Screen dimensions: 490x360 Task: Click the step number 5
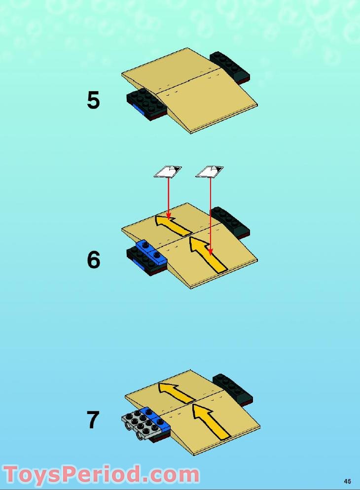[93, 100]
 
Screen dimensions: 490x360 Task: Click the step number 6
[93, 260]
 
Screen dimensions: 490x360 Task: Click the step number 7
[93, 420]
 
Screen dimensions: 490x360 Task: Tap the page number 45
[348, 481]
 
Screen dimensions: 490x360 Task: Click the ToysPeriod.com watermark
[101, 475]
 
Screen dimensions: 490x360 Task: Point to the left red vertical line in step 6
[169, 197]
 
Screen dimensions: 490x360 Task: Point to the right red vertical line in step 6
[211, 212]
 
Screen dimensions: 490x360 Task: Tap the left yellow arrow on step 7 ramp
[176, 392]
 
